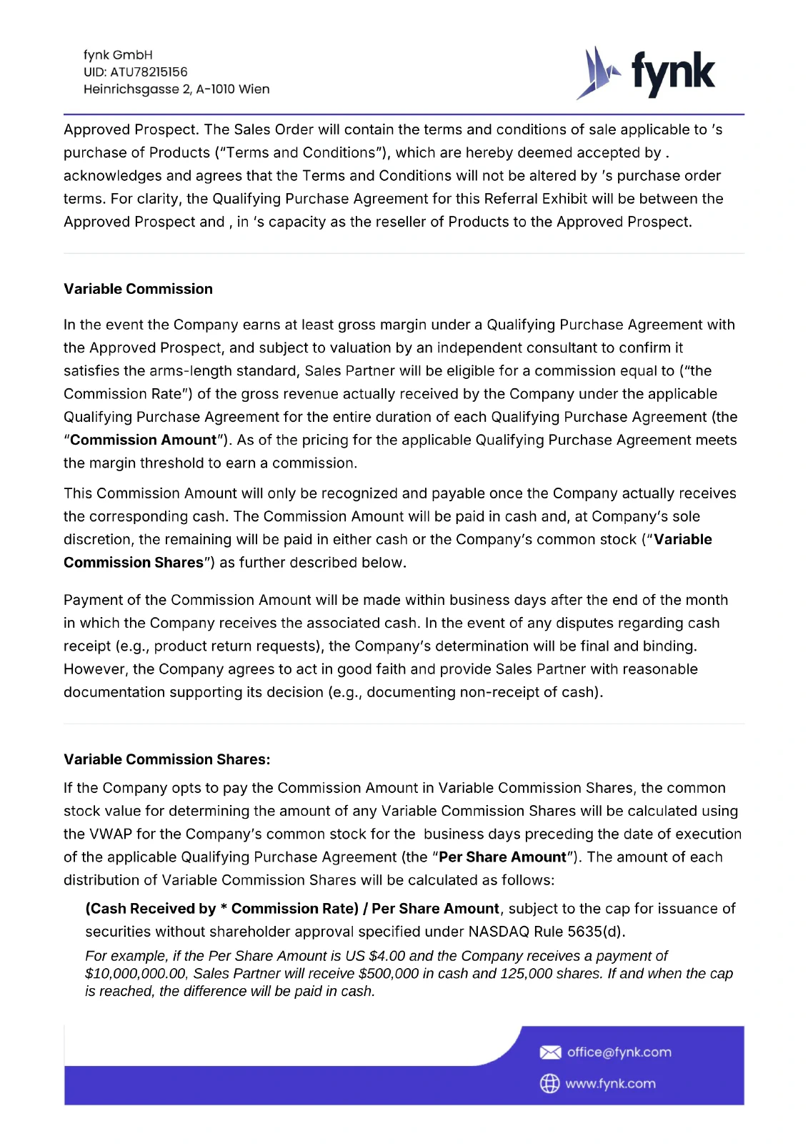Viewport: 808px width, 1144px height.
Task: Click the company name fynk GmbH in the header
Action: [118, 55]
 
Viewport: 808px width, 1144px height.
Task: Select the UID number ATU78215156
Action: [149, 72]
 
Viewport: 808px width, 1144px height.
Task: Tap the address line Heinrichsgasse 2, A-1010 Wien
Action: [176, 89]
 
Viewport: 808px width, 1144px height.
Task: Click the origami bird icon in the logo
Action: [597, 73]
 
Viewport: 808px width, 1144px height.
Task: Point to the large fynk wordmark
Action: [673, 73]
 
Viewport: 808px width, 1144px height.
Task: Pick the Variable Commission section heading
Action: [138, 289]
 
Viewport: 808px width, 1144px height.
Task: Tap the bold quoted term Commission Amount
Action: [143, 440]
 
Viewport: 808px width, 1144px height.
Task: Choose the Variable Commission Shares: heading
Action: [166, 759]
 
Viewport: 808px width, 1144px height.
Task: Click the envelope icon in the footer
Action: [550, 1052]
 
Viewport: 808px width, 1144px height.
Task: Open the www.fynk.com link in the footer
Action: [610, 1084]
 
